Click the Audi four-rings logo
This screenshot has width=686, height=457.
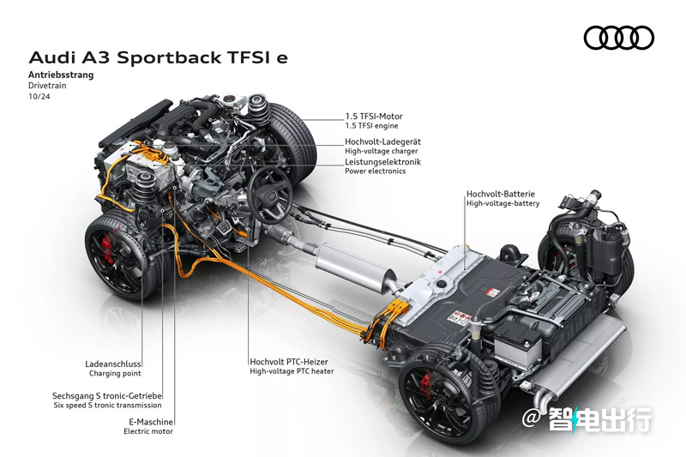tap(618, 38)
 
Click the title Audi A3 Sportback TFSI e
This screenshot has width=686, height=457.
tap(159, 57)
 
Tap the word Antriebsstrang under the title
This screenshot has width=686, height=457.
tap(61, 75)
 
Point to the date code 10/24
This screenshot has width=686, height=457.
tap(39, 96)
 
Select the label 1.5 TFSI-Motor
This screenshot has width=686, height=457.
tap(374, 117)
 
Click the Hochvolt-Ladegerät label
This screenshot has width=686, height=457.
tap(382, 141)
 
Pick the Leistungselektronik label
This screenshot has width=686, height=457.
tap(382, 162)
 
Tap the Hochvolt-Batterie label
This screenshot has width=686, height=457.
tap(501, 194)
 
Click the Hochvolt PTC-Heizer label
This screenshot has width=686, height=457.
tap(289, 362)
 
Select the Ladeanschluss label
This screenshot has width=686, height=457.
tap(113, 364)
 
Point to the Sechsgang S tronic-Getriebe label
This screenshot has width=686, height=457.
tap(106, 396)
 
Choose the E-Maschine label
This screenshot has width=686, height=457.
tap(151, 422)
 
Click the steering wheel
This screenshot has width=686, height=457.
tap(270, 195)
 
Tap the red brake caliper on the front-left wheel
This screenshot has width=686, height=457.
tap(108, 247)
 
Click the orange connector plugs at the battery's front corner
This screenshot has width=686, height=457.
tap(394, 312)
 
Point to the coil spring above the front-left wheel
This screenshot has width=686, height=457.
tap(143, 189)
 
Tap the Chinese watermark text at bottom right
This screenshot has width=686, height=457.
tap(599, 419)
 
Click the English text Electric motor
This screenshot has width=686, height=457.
tap(148, 431)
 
